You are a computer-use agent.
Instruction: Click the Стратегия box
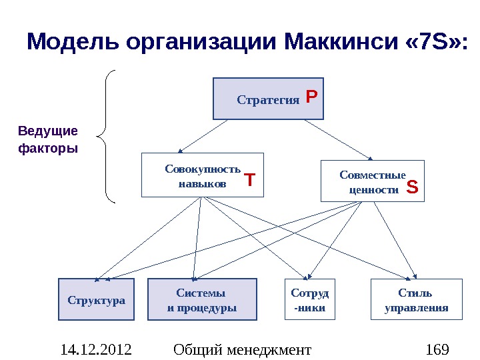(x=268, y=99)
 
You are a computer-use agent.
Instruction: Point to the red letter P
(x=311, y=98)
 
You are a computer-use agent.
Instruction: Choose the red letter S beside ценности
(x=413, y=188)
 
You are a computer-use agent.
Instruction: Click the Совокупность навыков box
(x=203, y=175)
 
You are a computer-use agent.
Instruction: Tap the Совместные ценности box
(x=373, y=181)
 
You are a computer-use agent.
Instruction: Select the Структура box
(x=96, y=300)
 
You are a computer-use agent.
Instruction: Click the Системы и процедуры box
(x=201, y=300)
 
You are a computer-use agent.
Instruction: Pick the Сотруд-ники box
(x=310, y=300)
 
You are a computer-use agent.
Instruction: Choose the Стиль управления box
(x=416, y=300)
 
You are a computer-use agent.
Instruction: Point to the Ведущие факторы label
(x=47, y=139)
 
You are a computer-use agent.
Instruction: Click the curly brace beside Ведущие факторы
(x=107, y=136)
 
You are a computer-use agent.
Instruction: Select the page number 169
(x=437, y=349)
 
